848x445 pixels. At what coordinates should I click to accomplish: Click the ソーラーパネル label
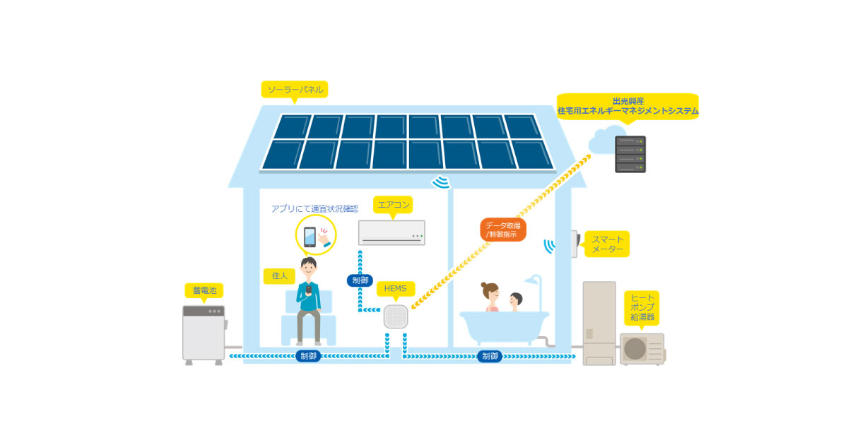(295, 90)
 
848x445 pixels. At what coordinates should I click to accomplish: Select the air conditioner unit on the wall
(391, 232)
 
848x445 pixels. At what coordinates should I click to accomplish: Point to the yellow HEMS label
(396, 289)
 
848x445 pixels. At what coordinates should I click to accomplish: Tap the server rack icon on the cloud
(630, 155)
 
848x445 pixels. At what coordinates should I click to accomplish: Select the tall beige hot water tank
(599, 321)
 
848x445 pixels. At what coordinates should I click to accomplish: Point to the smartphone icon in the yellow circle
(310, 237)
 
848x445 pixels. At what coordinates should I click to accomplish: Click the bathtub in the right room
(503, 327)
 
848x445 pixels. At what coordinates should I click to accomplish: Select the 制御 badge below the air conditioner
(359, 280)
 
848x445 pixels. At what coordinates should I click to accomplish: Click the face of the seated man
(309, 268)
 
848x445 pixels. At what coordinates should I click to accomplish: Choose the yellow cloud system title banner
(627, 106)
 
